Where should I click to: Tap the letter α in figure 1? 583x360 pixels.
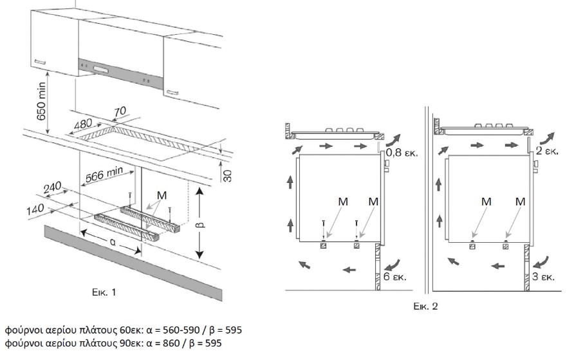coord(112,243)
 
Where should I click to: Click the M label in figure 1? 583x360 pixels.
coord(162,195)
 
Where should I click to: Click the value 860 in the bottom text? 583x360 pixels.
coord(171,343)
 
